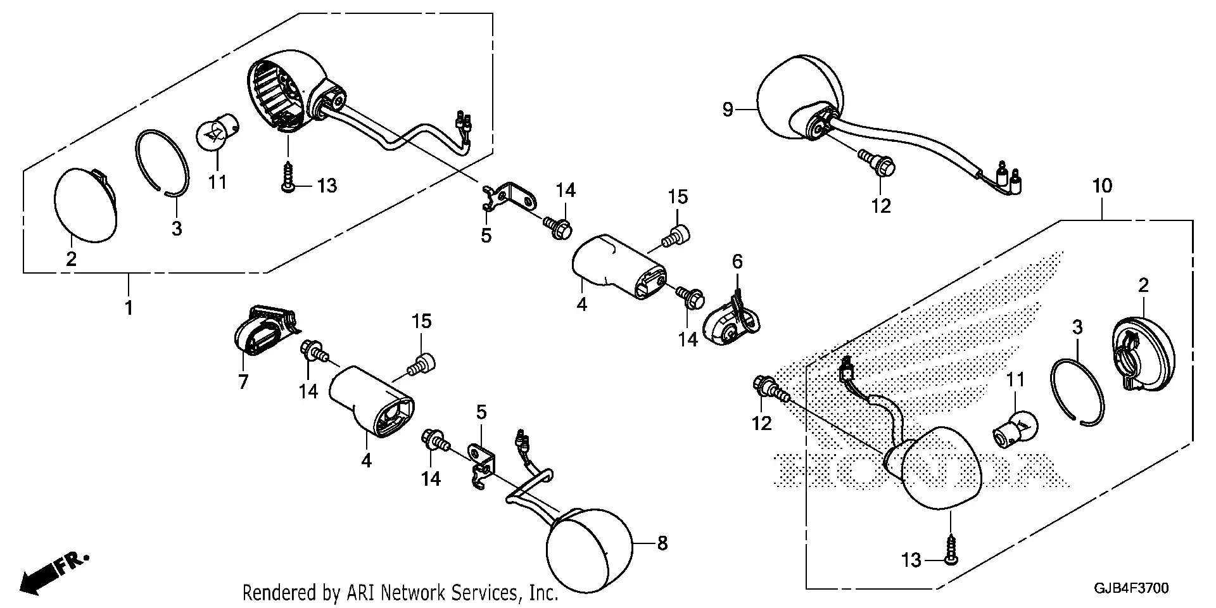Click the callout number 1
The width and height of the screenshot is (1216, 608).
tap(129, 308)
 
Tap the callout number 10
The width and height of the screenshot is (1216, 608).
tap(1102, 186)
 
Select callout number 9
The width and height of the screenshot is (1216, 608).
tap(728, 110)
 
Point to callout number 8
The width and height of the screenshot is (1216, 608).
tap(662, 543)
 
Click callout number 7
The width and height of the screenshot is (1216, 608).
tap(243, 382)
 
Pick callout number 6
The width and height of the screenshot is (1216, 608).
tap(737, 261)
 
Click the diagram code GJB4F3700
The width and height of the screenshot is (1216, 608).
tap(1131, 588)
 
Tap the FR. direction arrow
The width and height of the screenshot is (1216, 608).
tap(54, 573)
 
